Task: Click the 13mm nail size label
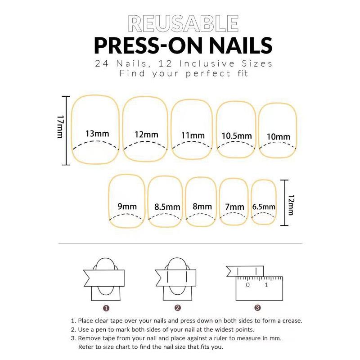coord(97,134)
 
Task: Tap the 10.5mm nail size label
coord(237,136)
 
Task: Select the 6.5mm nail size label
coord(264,207)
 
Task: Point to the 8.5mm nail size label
coord(167,207)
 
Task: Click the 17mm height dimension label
coord(60,126)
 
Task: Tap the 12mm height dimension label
coord(291,205)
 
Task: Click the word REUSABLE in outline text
coord(183,23)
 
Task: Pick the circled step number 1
coord(106,308)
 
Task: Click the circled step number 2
coord(177,308)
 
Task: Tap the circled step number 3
coord(257,308)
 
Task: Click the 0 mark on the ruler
coord(247,285)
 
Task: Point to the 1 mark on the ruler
coord(266,285)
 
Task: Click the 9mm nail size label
coord(127,207)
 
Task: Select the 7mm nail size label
coord(234,207)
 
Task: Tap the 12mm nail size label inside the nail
coord(146,135)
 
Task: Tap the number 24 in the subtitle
coord(102,63)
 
